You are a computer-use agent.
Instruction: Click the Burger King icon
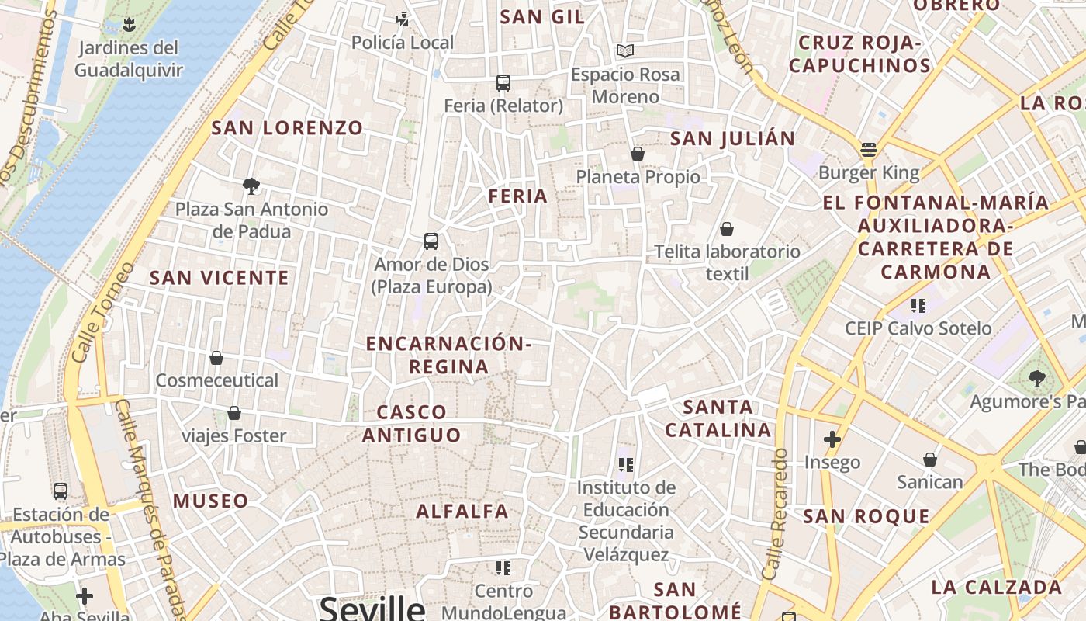[869, 149]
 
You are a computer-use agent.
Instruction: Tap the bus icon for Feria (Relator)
[503, 82]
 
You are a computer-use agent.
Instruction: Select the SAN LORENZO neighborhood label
[287, 128]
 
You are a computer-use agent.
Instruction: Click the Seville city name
[372, 608]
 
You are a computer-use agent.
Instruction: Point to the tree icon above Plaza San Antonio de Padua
[251, 186]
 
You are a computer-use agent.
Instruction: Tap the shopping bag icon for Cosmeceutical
[216, 358]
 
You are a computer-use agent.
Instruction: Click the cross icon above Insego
[832, 439]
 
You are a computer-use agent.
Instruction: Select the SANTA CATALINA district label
[718, 418]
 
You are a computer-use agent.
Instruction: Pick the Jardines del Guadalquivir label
[129, 59]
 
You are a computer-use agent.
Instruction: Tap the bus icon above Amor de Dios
[431, 241]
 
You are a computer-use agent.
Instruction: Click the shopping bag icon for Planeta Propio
[638, 154]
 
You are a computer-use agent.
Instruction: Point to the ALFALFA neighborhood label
[462, 512]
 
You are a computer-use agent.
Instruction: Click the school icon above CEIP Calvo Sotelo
[918, 305]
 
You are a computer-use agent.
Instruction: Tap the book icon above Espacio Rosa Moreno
[625, 50]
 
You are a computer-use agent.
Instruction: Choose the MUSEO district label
[211, 501]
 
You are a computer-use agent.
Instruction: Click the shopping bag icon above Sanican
[930, 460]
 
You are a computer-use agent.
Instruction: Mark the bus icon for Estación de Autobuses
[61, 491]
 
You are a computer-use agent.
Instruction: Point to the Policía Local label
[403, 43]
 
